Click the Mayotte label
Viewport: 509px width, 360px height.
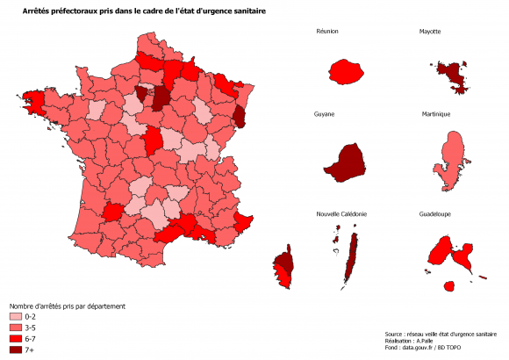click(430, 32)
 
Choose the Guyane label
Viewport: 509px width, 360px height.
click(326, 115)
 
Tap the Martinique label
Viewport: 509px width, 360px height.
click(436, 115)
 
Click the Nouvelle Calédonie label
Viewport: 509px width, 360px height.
click(341, 214)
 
